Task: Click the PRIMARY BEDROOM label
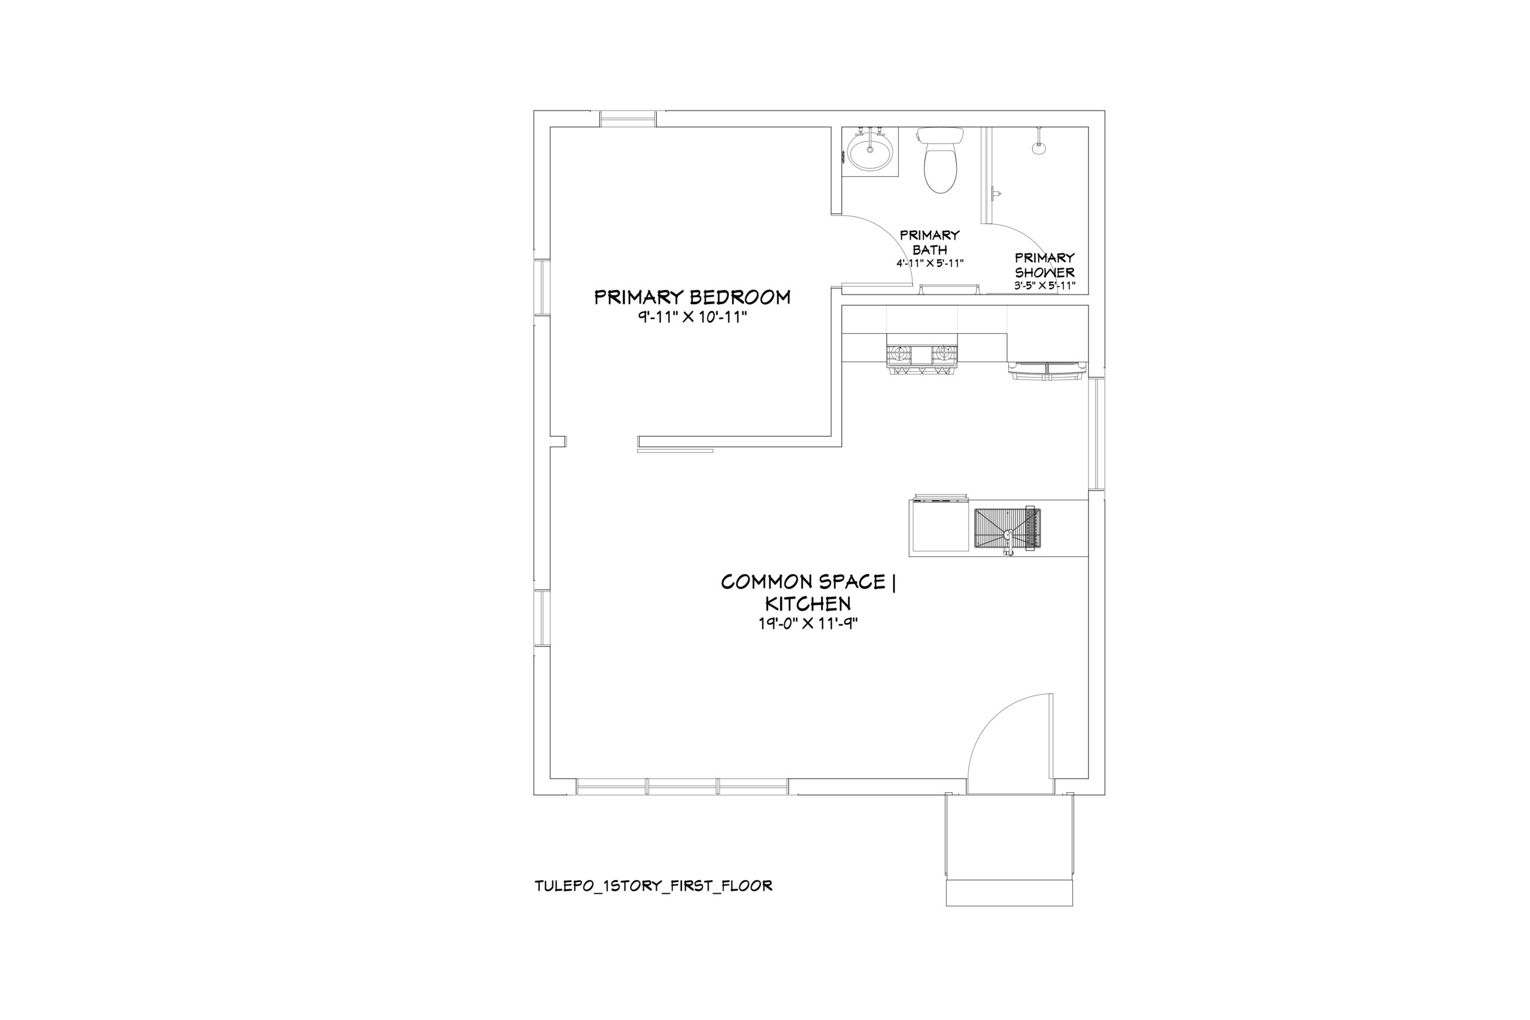pos(692,298)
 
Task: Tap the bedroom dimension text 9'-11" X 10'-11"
pos(692,317)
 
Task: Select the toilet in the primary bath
pos(940,160)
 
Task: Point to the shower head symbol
pos(1039,147)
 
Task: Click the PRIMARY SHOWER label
pos(1045,265)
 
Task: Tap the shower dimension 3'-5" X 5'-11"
pos(1045,285)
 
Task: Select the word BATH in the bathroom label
pos(929,249)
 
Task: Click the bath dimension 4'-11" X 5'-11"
pos(929,264)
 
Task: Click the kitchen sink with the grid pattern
pos(1007,530)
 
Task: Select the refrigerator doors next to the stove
pos(1046,370)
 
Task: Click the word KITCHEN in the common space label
pos(808,603)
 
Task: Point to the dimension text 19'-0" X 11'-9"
pos(808,623)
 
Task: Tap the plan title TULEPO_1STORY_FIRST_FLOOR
pos(654,886)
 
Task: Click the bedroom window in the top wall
pos(628,119)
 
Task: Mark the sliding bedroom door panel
pos(675,450)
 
